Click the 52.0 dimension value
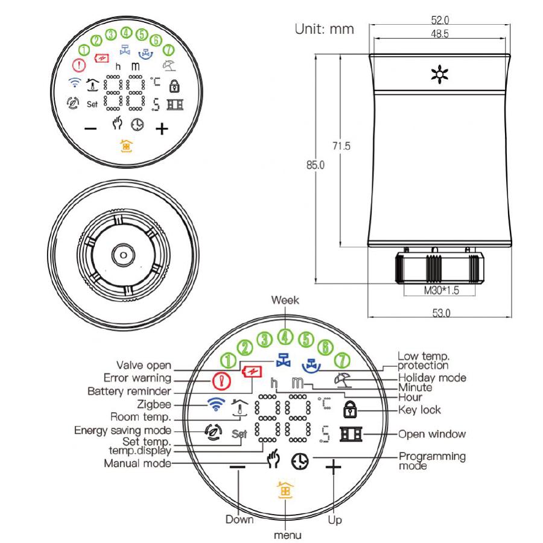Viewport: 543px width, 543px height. [x=440, y=20]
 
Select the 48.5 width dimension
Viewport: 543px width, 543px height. [x=440, y=34]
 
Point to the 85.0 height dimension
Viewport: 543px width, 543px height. [x=316, y=165]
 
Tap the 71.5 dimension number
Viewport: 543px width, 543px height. [x=341, y=146]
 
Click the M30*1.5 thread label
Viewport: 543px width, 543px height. [x=441, y=290]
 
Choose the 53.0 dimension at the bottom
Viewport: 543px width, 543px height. [x=441, y=313]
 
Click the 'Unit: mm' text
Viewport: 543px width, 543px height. [x=325, y=29]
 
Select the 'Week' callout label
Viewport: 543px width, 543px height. [x=285, y=300]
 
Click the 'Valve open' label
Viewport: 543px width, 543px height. [x=144, y=365]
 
